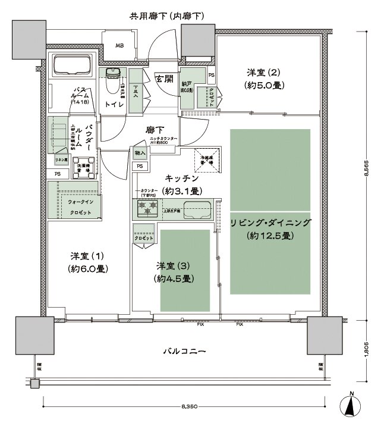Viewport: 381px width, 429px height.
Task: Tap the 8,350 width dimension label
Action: click(x=189, y=408)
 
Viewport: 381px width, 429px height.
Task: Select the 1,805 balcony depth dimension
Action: click(x=369, y=352)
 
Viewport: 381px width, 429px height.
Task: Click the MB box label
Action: click(x=119, y=46)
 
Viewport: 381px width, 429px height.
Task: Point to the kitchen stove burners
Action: click(x=147, y=208)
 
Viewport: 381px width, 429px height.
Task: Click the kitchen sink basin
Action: click(x=198, y=210)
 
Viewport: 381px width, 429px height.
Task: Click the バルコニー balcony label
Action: click(x=184, y=352)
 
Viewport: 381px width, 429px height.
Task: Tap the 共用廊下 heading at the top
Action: click(x=167, y=16)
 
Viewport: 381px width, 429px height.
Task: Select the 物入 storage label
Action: click(x=140, y=154)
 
